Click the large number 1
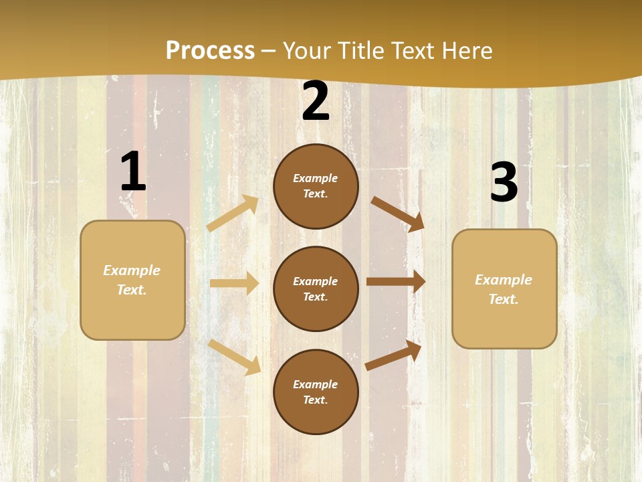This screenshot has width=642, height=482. click(133, 172)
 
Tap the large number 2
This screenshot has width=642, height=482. click(316, 101)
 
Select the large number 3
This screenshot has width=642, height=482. click(504, 182)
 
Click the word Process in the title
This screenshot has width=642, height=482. click(210, 50)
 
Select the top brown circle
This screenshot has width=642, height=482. click(316, 186)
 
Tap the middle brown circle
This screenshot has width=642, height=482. click(316, 289)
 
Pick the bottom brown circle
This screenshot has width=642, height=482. click(316, 392)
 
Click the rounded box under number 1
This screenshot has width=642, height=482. click(132, 280)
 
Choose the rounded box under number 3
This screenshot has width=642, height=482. click(504, 289)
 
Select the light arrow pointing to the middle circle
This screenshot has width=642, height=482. click(234, 283)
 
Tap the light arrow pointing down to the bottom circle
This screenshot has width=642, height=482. click(235, 357)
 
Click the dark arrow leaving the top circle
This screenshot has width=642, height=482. click(398, 214)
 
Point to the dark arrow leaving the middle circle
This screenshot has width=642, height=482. click(396, 281)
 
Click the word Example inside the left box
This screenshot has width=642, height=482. click(132, 270)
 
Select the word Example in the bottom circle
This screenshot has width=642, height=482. click(315, 384)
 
